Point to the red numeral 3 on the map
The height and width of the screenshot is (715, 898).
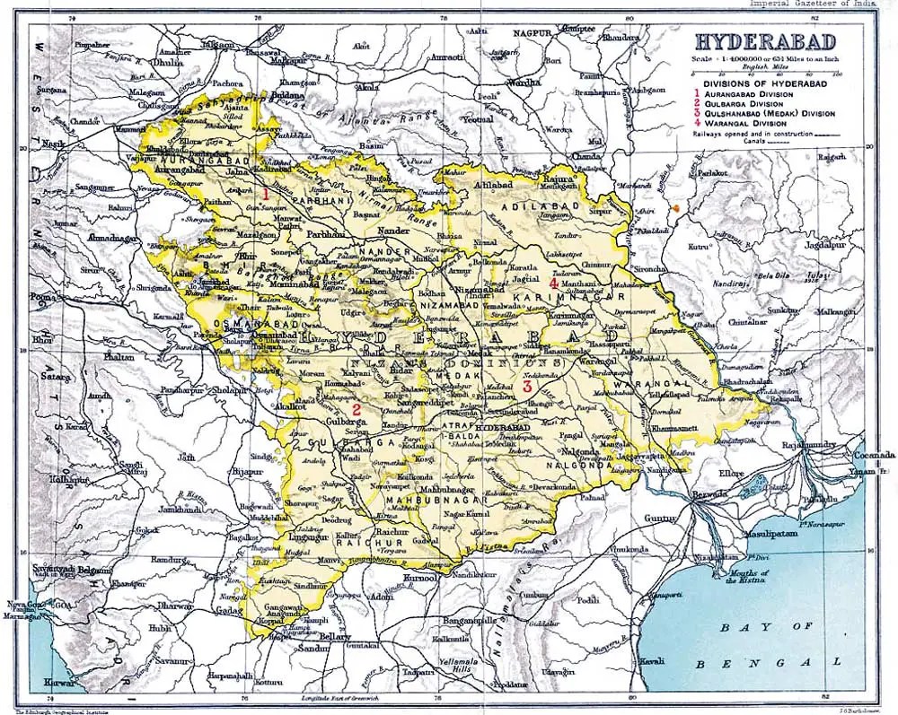(527, 387)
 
